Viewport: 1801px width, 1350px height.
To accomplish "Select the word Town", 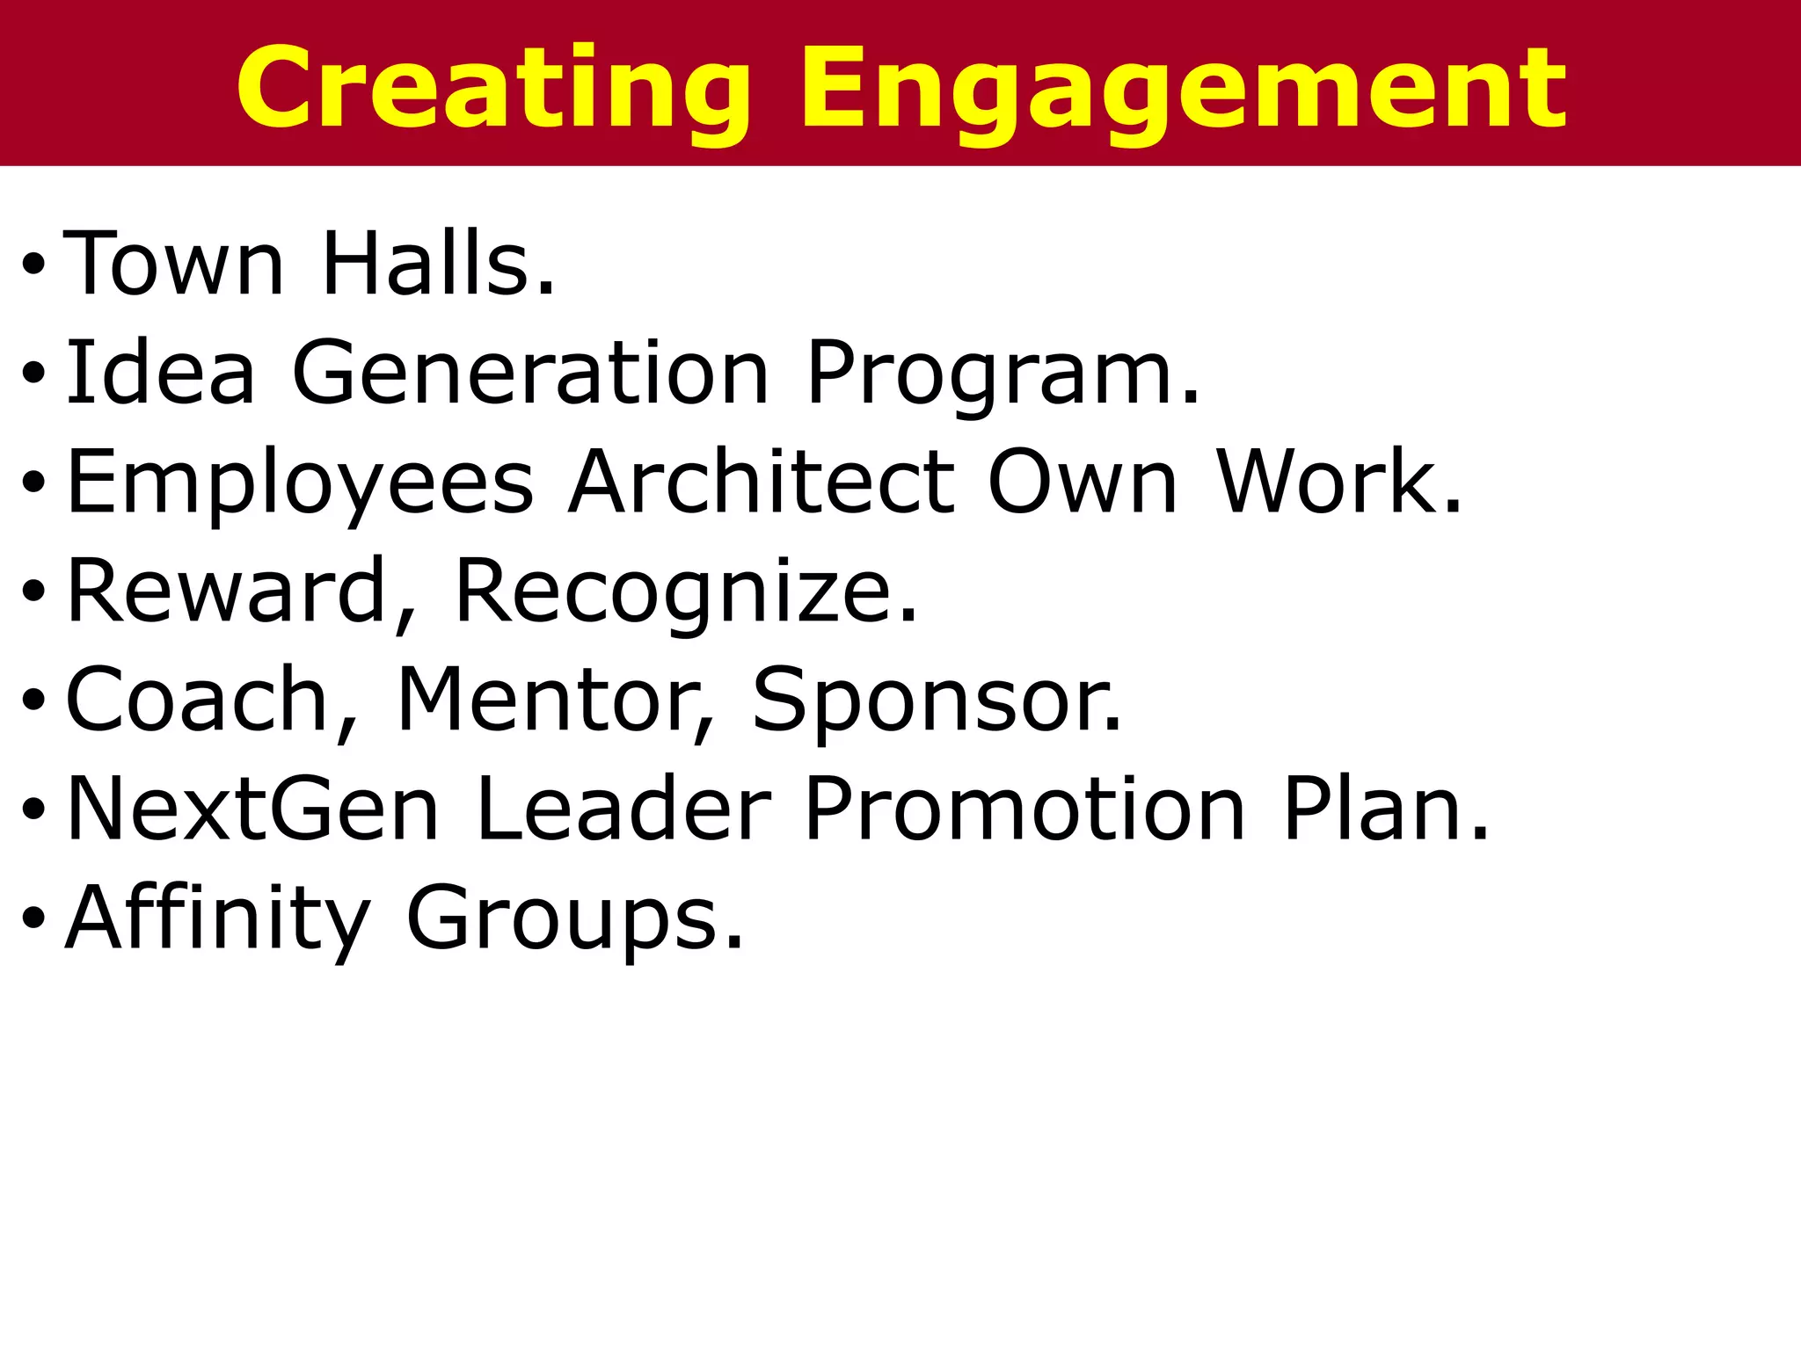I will click(x=174, y=263).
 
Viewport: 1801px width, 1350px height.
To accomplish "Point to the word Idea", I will click(x=161, y=373).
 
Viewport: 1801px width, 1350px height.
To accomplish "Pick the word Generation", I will click(x=531, y=373).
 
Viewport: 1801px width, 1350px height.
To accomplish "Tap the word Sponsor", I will click(x=937, y=700).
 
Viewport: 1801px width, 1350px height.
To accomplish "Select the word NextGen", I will click(x=252, y=809).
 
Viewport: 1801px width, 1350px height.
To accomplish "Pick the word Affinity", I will click(x=217, y=918).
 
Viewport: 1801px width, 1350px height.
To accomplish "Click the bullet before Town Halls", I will click(x=33, y=263).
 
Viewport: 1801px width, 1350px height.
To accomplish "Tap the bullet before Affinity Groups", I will click(x=33, y=918).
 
